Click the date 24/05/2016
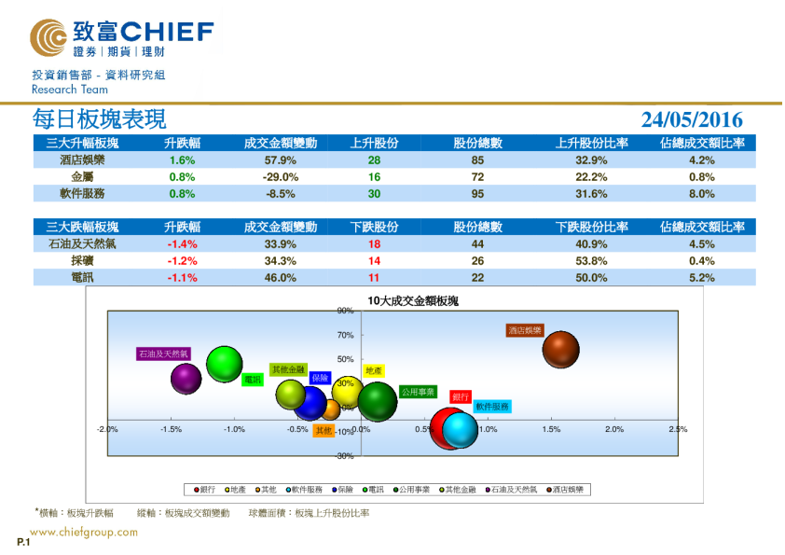692,119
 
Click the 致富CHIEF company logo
121,39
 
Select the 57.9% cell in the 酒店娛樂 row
281,160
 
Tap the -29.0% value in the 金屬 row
281,177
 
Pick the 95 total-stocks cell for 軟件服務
478,194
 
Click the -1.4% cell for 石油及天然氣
183,244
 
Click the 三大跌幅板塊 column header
82,228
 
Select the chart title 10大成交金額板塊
406,301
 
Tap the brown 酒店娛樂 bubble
561,350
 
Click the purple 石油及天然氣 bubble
186,378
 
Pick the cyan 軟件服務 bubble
460,429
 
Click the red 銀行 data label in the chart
461,396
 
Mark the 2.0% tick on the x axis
613,429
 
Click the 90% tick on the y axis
344,312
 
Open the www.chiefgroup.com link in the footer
83,533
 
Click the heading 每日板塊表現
99,119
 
